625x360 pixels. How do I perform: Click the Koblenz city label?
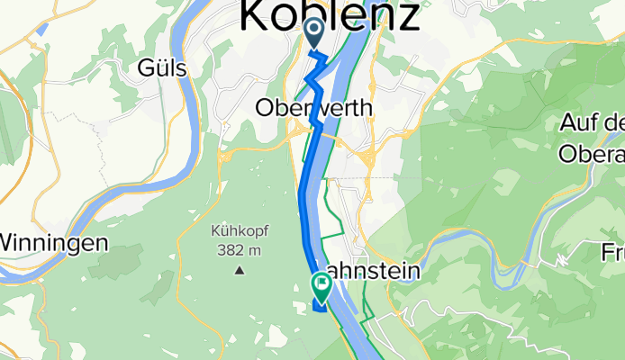[330, 15]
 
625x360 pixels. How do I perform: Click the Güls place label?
[162, 67]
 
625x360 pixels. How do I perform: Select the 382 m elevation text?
[240, 248]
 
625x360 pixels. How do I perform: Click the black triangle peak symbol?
[240, 269]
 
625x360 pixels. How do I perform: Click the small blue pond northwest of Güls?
[41, 29]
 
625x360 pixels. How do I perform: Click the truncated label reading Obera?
[592, 155]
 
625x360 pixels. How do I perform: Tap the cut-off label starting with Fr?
[613, 253]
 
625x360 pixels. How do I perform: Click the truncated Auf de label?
[593, 121]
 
